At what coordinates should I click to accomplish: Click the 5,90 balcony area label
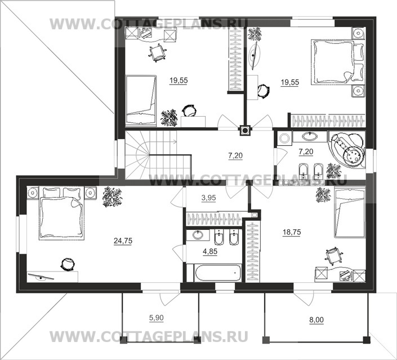pyautogui.click(x=157, y=317)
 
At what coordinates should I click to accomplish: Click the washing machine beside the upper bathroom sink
pyautogui.click(x=284, y=139)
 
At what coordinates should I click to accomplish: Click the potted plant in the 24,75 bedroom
pyautogui.click(x=113, y=198)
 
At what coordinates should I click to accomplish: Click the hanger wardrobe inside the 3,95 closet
pyautogui.click(x=214, y=219)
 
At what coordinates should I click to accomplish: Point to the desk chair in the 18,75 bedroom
pyautogui.click(x=335, y=256)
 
